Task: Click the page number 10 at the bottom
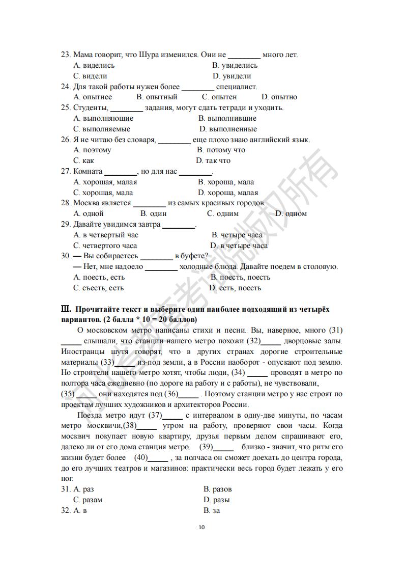[201, 527]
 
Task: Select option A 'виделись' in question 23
[94, 65]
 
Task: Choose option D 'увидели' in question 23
[232, 76]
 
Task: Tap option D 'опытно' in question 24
[279, 97]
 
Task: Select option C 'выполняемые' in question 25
[102, 129]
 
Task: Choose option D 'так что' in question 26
[213, 160]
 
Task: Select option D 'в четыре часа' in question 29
[239, 246]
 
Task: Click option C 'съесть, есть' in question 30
[99, 288]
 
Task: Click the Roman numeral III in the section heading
[65, 309]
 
